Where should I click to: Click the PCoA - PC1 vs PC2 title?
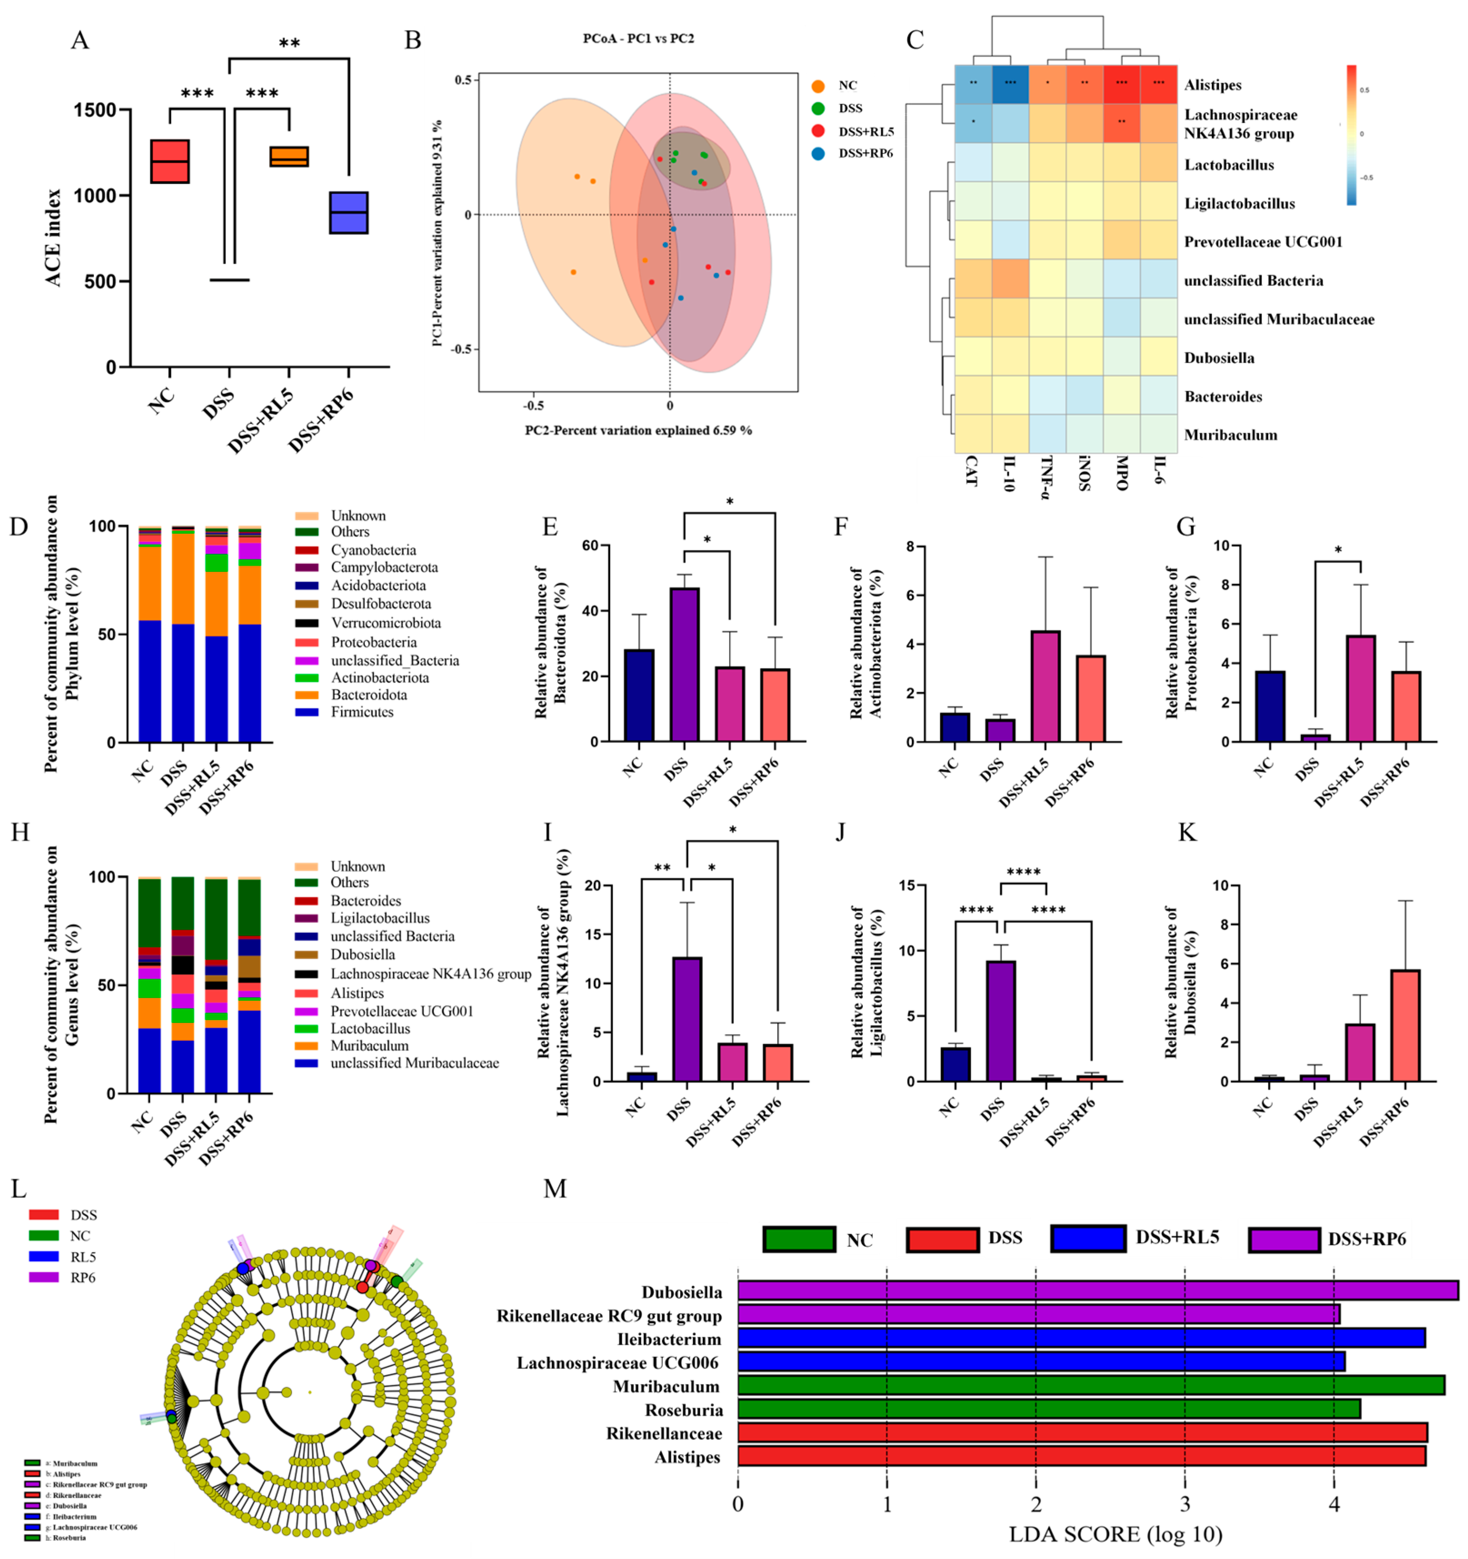point(637,39)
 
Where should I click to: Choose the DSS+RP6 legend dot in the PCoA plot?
point(818,154)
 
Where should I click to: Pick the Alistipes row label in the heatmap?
point(1212,85)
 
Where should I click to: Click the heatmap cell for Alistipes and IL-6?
point(1158,84)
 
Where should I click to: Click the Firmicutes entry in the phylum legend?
point(362,712)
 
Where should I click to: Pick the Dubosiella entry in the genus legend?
point(362,954)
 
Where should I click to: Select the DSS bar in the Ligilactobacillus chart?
point(1000,1021)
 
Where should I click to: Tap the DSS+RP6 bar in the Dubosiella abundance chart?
point(1405,1025)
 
